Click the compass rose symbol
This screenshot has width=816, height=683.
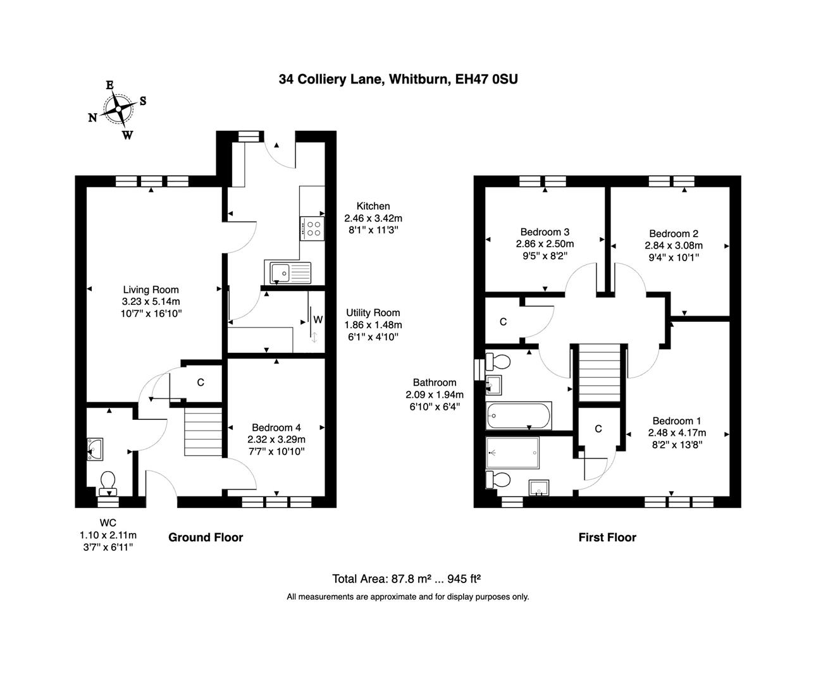118,109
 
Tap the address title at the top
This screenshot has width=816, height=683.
399,79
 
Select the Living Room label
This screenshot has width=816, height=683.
151,290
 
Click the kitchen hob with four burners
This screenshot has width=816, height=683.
312,228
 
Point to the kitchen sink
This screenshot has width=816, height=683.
288,273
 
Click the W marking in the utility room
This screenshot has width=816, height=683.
318,320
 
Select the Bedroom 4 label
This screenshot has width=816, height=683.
276,428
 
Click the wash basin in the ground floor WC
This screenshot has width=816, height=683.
96,448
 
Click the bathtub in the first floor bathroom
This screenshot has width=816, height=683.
518,415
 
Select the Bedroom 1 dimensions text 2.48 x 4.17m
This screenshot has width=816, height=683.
677,433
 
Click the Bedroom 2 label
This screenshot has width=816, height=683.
673,233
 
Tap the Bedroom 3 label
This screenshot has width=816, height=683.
545,232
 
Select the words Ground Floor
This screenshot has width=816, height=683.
206,538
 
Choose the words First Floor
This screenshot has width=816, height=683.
607,538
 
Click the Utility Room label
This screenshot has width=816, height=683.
373,312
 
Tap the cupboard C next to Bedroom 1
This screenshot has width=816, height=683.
598,429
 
